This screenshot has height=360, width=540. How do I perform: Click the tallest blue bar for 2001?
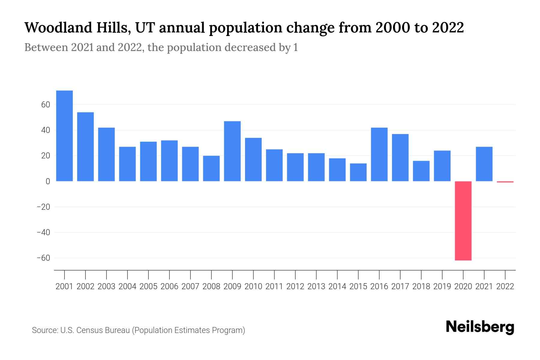coord(64,136)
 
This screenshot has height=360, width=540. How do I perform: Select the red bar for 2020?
coord(463,221)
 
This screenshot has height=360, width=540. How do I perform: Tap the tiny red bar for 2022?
coord(505,182)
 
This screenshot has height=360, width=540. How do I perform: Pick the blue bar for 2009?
coord(232,151)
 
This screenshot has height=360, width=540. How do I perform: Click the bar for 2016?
coord(379,154)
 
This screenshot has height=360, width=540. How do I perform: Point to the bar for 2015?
coord(358,172)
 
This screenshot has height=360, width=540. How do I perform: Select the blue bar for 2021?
coord(484,164)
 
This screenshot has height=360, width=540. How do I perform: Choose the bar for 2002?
coord(85,147)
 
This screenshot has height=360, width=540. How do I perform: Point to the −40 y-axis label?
coord(43,232)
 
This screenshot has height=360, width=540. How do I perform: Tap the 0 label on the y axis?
coord(48,181)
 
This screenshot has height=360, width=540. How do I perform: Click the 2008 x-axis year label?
coord(211,286)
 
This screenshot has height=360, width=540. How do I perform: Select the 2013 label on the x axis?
coord(316,286)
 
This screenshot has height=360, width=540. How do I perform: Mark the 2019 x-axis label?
coord(442,286)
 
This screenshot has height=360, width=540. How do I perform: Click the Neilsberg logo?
coord(480,327)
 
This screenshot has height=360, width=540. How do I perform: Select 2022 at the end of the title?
coord(448,28)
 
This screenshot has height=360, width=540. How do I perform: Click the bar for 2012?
coord(295,167)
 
